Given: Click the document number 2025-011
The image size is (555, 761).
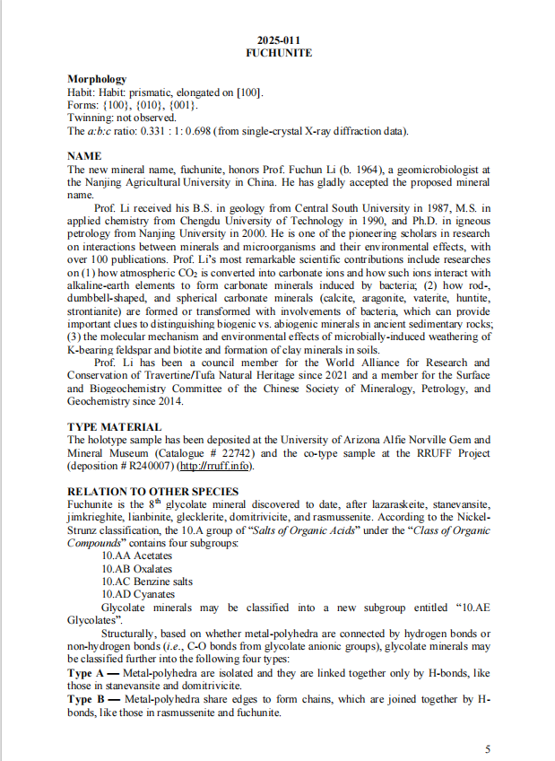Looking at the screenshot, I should (279, 40).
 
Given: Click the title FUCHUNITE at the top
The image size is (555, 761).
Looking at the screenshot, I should (279, 53).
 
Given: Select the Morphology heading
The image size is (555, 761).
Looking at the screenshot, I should (97, 80).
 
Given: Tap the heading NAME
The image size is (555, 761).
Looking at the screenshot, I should (84, 156).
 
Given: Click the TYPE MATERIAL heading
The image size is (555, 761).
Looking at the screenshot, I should (115, 427).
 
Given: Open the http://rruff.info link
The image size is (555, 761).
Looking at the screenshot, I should (215, 467).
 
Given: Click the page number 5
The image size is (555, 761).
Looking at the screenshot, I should (488, 748).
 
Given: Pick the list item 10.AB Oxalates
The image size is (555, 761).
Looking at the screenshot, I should (137, 569).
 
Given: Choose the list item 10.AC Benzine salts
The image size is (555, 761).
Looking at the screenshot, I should (147, 582).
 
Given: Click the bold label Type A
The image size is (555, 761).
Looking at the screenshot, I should (87, 672).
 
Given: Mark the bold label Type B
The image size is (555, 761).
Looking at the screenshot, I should (87, 698).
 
